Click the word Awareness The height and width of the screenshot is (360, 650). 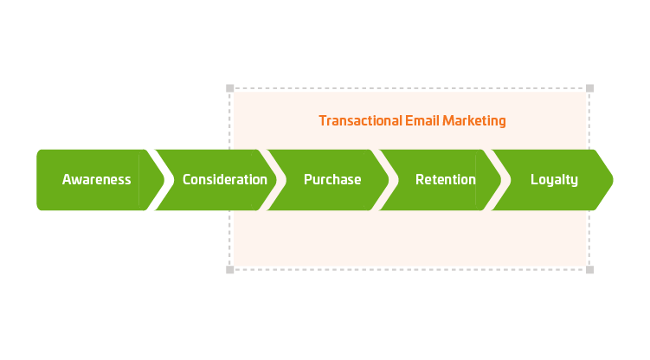tap(97, 179)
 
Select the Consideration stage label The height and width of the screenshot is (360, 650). tap(225, 179)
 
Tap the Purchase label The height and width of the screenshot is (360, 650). tap(332, 179)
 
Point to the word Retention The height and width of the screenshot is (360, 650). tap(446, 179)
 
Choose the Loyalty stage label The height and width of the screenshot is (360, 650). tap(554, 180)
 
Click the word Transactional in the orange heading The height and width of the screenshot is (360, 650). tap(361, 120)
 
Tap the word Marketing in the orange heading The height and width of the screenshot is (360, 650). tap(474, 121)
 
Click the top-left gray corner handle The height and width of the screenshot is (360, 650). tap(230, 88)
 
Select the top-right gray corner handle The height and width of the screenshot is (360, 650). tap(590, 88)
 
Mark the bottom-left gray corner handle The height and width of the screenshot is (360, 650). tap(230, 270)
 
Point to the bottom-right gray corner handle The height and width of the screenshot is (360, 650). tap(590, 270)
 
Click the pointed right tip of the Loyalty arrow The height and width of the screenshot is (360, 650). tap(613, 180)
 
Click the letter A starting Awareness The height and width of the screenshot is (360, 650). tap(67, 179)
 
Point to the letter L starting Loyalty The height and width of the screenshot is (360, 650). tap(534, 179)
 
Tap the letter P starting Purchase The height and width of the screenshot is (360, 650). tap(308, 179)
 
